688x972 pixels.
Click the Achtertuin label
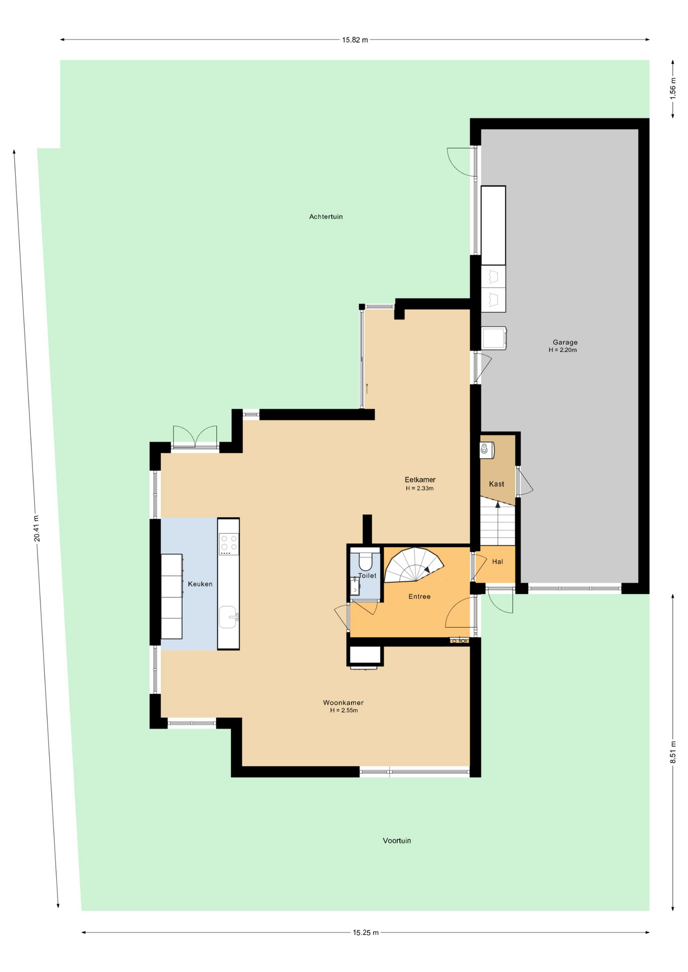click(326, 217)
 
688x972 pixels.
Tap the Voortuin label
click(397, 840)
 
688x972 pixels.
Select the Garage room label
click(565, 342)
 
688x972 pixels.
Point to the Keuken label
click(200, 584)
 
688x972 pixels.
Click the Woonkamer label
click(343, 703)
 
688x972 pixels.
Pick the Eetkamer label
click(420, 479)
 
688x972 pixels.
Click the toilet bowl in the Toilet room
click(365, 560)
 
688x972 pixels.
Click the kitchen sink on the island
click(228, 617)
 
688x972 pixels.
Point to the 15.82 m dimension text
click(355, 40)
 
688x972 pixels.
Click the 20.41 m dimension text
click(36, 529)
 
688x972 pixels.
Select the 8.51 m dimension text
click(673, 752)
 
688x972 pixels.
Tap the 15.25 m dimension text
click(366, 933)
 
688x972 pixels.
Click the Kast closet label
click(496, 484)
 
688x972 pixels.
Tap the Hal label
click(498, 561)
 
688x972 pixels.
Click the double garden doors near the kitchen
click(195, 437)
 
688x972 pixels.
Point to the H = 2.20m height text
click(562, 350)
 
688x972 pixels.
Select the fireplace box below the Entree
click(365, 656)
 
